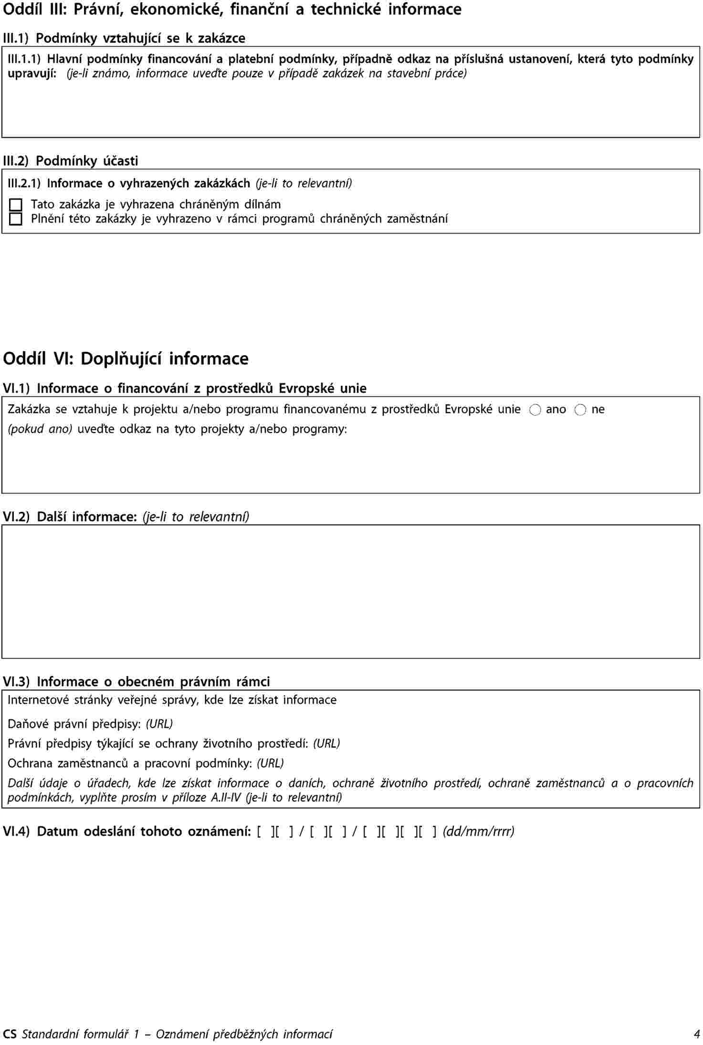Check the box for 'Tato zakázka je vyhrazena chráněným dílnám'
[16, 205]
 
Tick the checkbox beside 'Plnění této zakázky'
[16, 219]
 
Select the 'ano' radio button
[535, 410]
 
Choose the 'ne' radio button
[580, 410]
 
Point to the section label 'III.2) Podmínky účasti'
[71, 161]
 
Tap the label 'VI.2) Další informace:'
[70, 517]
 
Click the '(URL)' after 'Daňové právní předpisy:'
[159, 724]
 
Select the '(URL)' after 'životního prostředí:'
[326, 743]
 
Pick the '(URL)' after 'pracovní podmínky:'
[270, 763]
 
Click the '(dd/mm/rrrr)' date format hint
[478, 832]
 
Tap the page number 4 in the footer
[696, 1034]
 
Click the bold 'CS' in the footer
[10, 1034]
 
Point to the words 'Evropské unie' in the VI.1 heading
[323, 388]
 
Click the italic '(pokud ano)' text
[40, 429]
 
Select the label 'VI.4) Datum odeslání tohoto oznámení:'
[127, 832]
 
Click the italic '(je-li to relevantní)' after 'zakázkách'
[304, 183]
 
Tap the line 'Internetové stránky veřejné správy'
[172, 700]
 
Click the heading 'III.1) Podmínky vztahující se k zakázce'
[124, 38]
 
